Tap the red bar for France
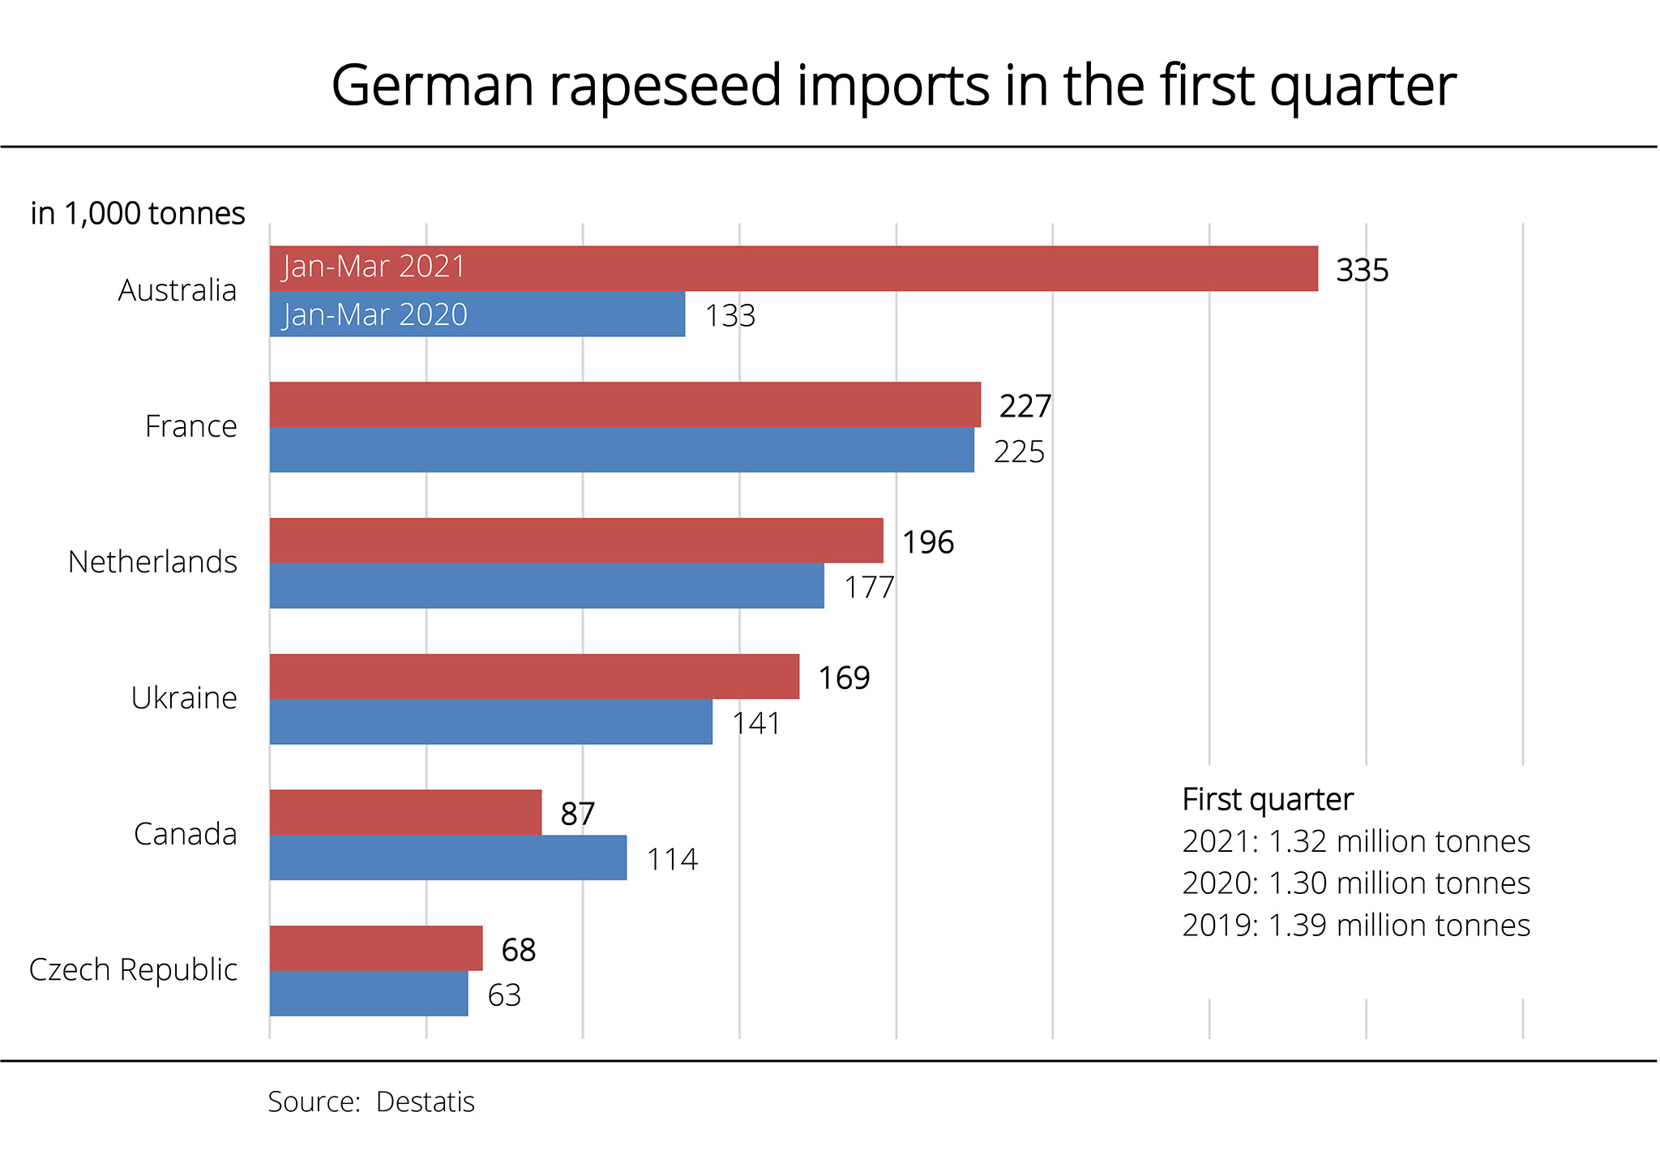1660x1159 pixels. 624,404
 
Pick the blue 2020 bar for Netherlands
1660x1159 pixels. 546,586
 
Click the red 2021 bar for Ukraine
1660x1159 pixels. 534,677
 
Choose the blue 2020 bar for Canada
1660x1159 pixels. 447,857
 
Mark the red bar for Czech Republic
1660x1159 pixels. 375,948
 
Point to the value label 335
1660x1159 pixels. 1362,271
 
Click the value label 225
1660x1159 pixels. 1019,452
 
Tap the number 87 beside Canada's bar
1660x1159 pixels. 577,815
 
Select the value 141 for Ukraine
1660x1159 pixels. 755,724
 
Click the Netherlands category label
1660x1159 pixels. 152,562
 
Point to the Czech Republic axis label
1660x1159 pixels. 133,969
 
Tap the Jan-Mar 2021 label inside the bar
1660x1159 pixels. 374,267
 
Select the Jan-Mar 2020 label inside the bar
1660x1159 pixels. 375,314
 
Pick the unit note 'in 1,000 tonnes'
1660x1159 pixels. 138,213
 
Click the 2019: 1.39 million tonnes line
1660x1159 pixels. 1355,926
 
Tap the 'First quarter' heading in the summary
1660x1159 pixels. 1268,800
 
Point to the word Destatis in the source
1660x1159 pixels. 426,1102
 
